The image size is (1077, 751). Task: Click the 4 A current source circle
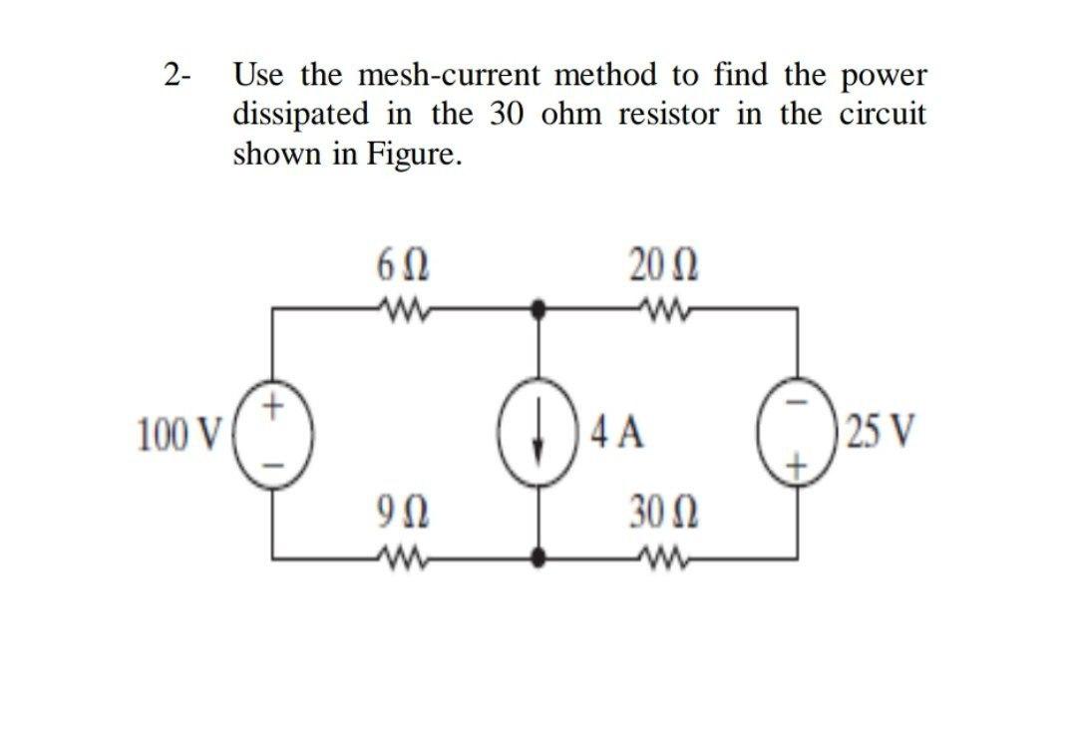(x=538, y=435)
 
